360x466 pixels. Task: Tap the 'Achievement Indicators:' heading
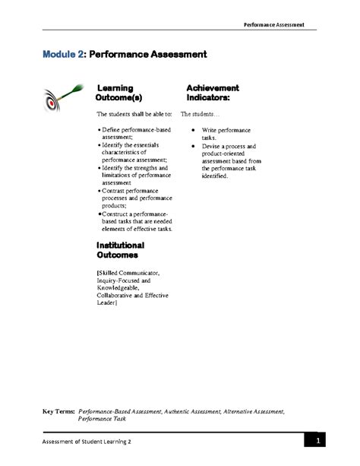click(x=213, y=94)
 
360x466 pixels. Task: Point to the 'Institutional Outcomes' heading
click(x=121, y=250)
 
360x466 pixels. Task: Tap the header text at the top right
click(x=274, y=24)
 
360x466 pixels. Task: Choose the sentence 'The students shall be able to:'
click(x=134, y=115)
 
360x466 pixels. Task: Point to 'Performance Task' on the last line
click(x=102, y=418)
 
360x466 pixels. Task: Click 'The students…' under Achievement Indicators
click(x=200, y=115)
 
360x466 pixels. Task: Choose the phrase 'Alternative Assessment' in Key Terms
click(x=254, y=411)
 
